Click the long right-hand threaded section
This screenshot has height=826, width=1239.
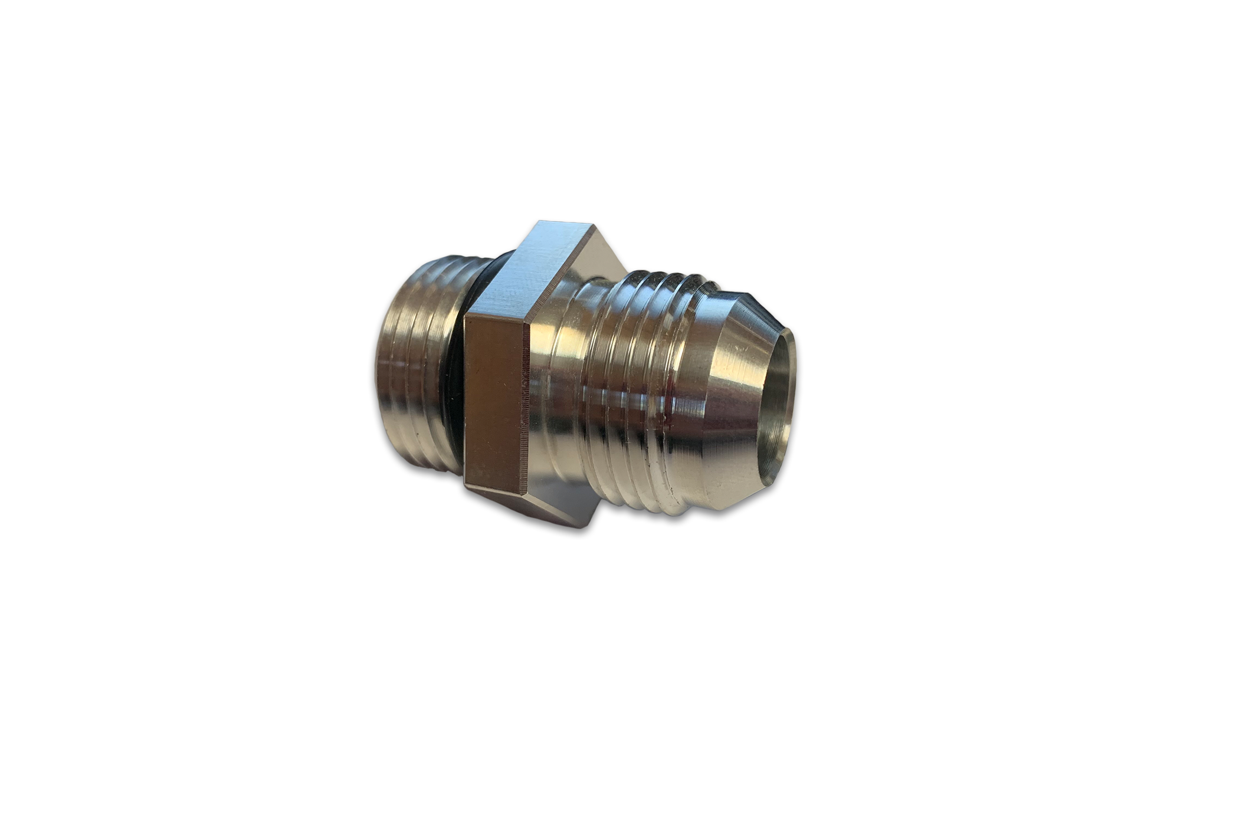(637, 389)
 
